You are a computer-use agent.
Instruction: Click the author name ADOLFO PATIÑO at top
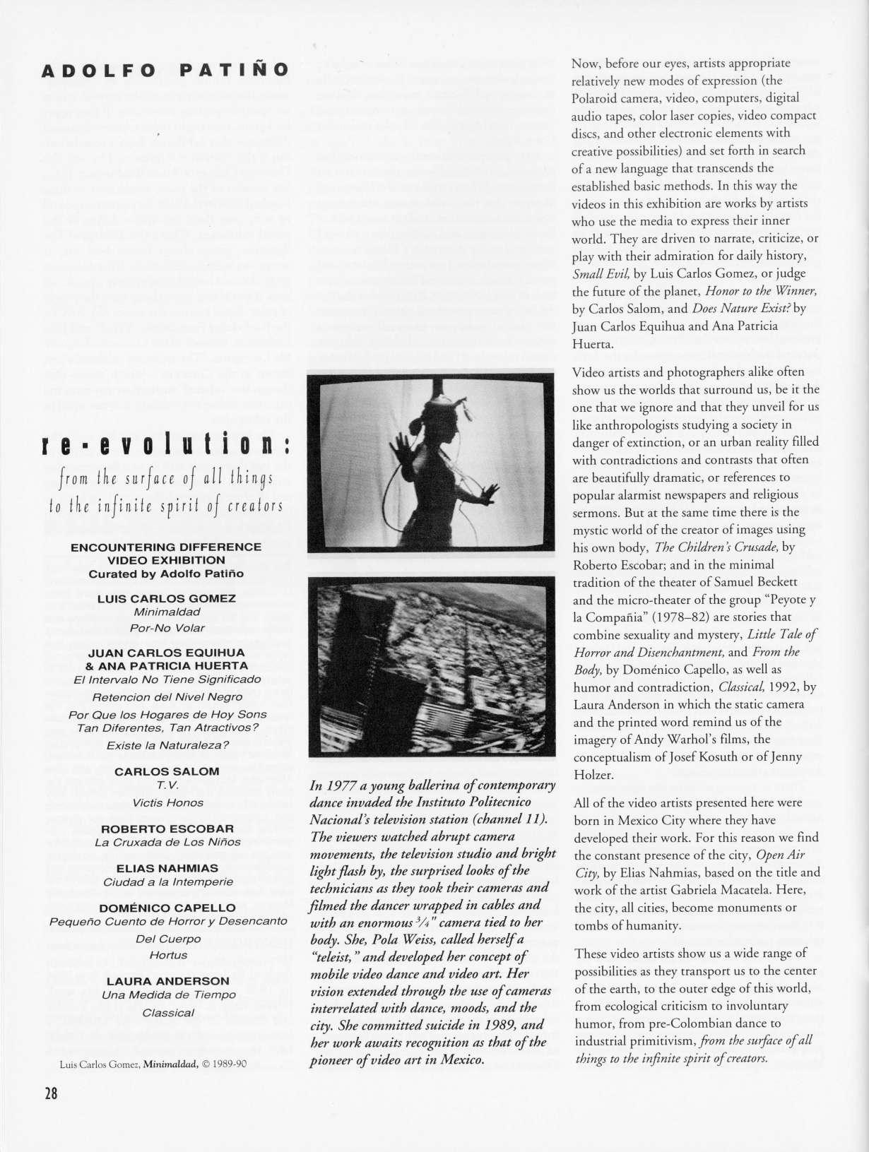(165, 71)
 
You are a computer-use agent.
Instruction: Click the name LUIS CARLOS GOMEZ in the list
(166, 598)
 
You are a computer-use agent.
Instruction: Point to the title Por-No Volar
(167, 628)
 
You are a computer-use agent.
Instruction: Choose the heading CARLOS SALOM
(167, 771)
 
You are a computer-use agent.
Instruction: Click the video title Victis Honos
(167, 802)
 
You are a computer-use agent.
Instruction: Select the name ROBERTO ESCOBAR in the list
(167, 828)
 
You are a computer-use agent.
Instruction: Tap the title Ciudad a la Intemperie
(167, 881)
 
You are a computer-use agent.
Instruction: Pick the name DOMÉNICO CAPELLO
(167, 908)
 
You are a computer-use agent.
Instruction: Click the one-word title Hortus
(168, 955)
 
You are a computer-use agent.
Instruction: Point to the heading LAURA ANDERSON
(167, 981)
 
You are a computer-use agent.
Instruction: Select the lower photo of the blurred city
(431, 665)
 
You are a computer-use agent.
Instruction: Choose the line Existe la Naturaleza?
(167, 745)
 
